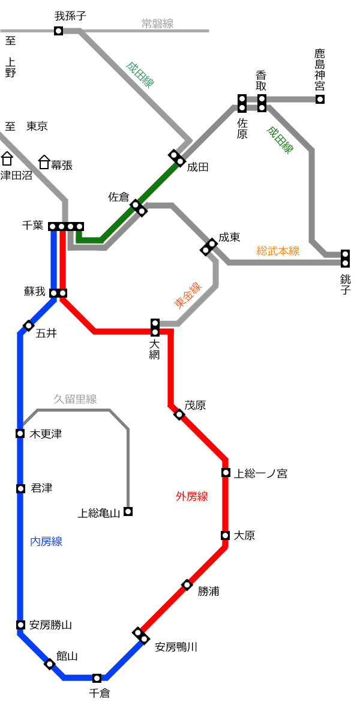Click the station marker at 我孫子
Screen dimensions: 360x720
[58, 31]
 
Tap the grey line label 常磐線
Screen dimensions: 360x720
[157, 23]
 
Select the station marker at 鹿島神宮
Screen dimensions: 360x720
[320, 99]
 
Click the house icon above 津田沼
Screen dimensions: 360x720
[7, 158]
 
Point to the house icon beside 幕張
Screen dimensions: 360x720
[44, 162]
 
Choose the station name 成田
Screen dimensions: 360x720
[197, 167]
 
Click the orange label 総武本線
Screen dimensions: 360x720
[278, 251]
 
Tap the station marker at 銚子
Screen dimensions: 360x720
[345, 259]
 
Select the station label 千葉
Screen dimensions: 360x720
[33, 225]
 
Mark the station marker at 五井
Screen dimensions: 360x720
[29, 326]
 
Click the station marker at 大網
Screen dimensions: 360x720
[155, 328]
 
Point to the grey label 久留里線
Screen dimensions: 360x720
[75, 399]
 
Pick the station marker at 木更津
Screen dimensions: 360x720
[20, 434]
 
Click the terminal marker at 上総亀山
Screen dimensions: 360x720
[128, 511]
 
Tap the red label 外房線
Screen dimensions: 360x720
[192, 497]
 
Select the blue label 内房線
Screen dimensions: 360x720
[46, 542]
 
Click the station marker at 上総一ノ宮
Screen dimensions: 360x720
[226, 473]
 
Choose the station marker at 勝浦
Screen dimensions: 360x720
[187, 584]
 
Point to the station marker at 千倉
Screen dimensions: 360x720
[97, 678]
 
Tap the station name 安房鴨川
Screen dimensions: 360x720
[176, 647]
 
